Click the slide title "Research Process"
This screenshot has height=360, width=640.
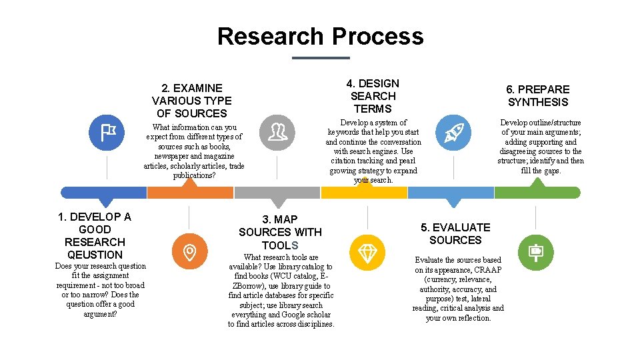click(x=320, y=36)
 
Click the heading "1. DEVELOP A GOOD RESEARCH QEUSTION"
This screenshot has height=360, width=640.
click(x=95, y=235)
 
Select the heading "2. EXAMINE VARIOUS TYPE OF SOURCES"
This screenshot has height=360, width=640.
click(x=192, y=100)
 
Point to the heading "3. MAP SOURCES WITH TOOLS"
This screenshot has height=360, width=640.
click(x=280, y=232)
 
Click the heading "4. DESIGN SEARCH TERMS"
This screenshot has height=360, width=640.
click(x=373, y=96)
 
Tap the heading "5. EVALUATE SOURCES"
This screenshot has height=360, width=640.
click(x=455, y=233)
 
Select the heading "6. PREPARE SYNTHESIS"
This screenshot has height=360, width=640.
click(x=538, y=95)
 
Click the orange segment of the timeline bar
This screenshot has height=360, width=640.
click(x=190, y=193)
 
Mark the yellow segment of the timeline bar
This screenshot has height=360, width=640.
click(x=364, y=193)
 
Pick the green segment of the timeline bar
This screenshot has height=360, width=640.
click(x=537, y=193)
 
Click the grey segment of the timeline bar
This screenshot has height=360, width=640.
click(x=277, y=193)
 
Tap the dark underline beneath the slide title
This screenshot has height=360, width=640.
click(x=321, y=58)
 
